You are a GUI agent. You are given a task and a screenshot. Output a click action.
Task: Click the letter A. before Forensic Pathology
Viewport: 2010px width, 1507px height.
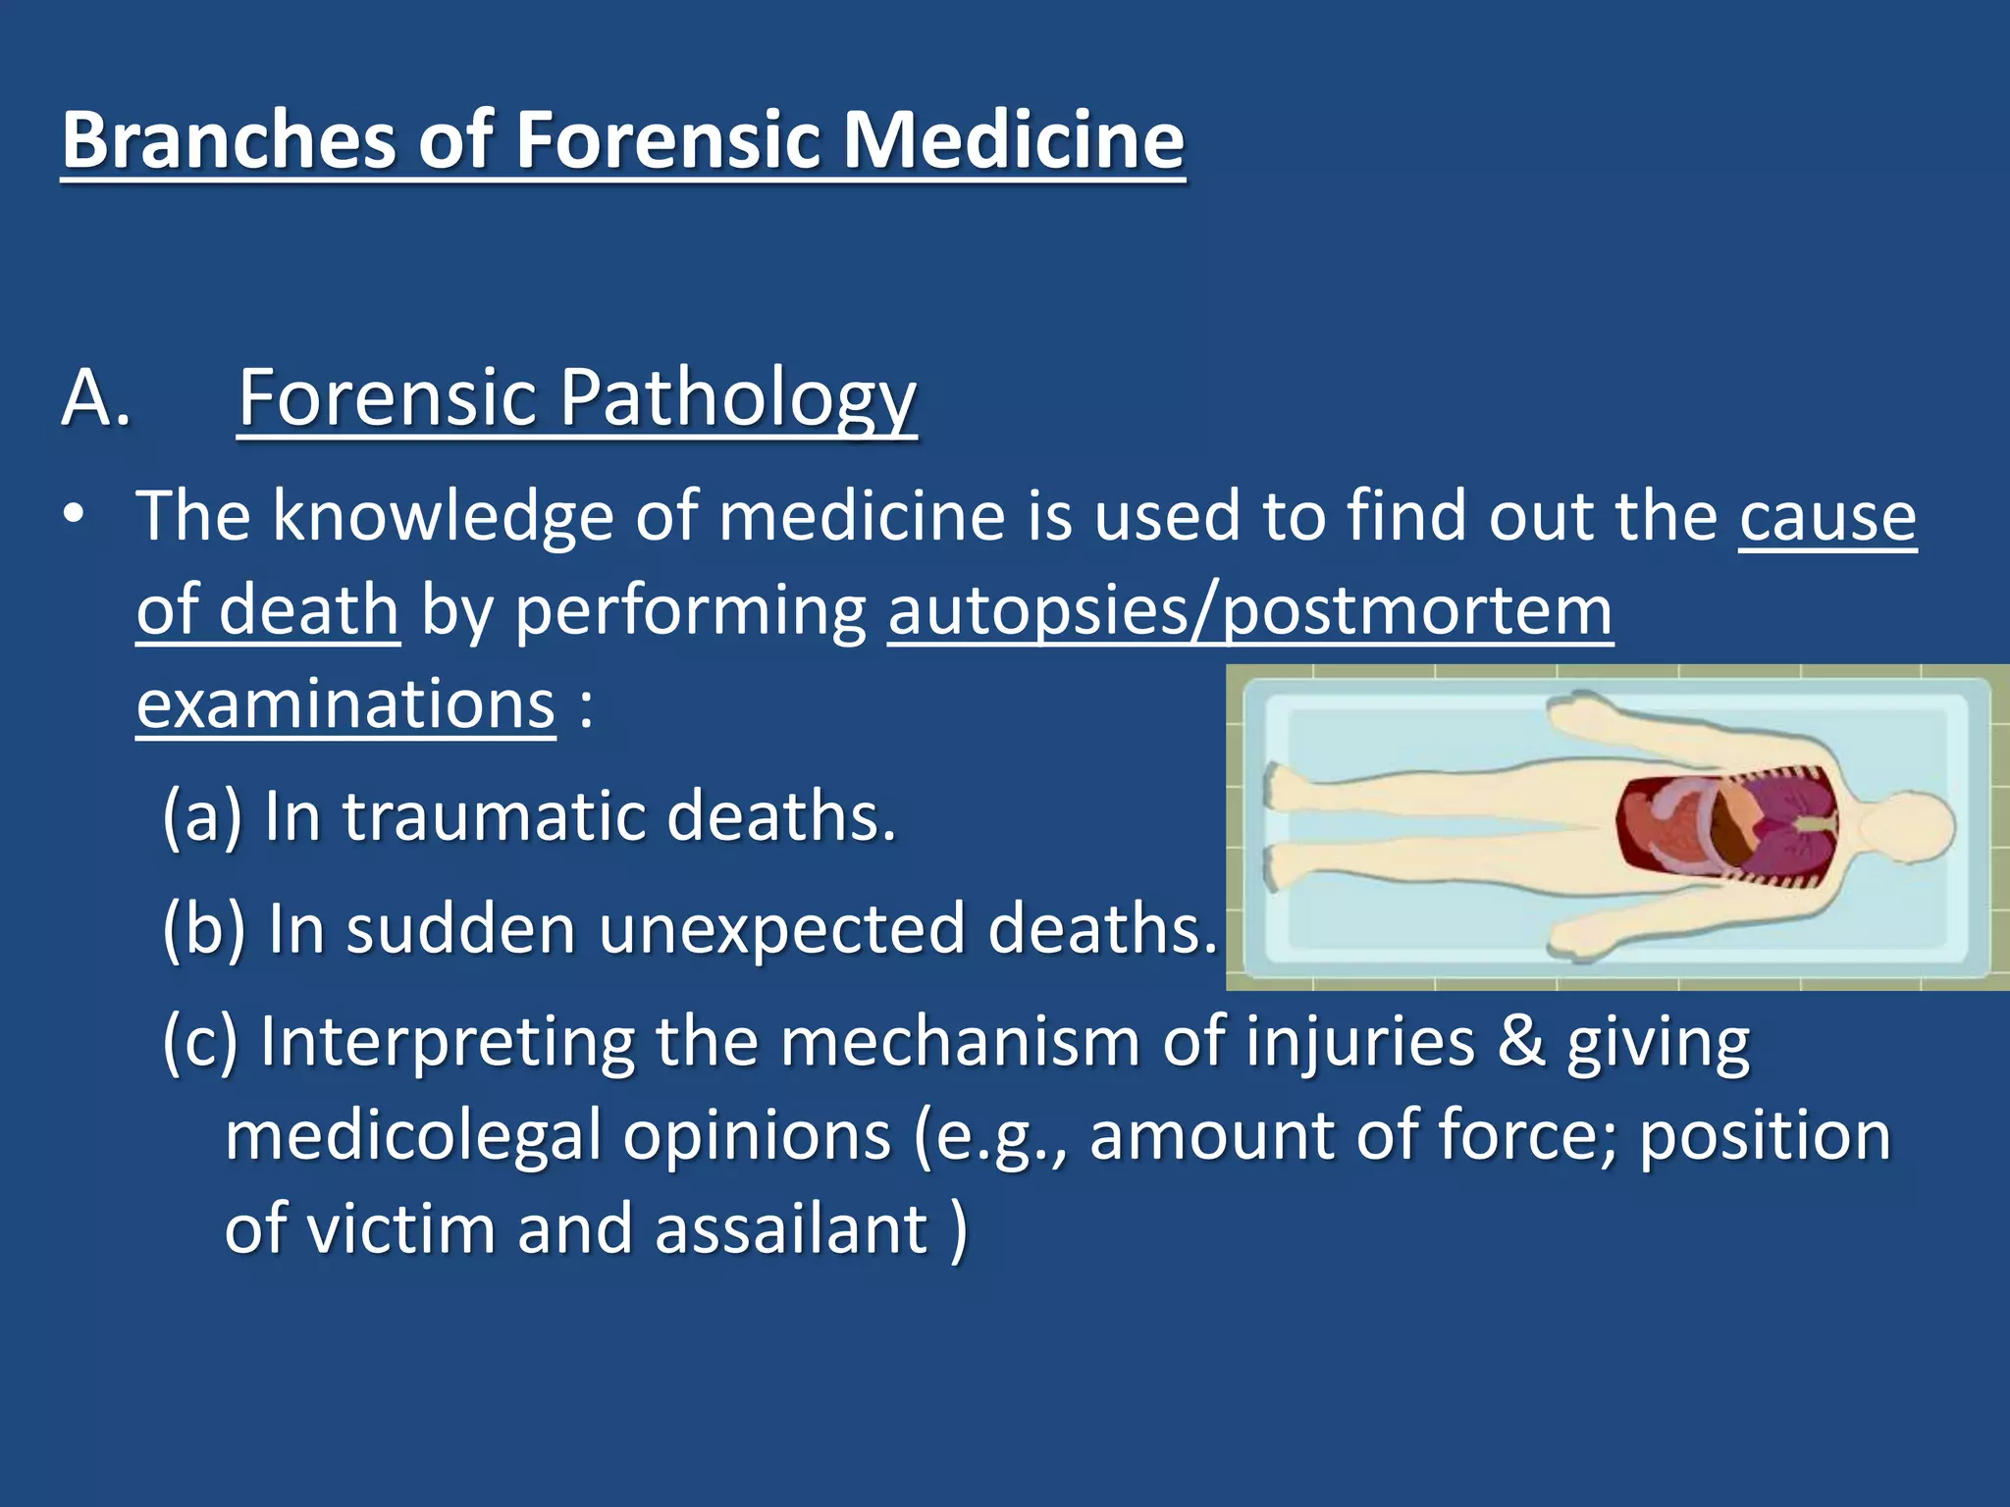point(96,398)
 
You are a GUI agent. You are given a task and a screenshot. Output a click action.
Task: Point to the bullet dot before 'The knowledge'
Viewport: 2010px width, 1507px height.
point(74,516)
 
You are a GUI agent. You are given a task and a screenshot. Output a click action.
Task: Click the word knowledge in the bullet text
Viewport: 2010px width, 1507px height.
point(443,516)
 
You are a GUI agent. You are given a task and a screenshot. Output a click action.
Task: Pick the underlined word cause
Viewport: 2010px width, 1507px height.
point(1827,516)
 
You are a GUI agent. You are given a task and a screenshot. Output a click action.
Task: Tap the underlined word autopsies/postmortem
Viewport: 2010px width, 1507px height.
point(1249,610)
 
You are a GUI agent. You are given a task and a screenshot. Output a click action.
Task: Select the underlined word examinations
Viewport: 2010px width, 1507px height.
point(345,704)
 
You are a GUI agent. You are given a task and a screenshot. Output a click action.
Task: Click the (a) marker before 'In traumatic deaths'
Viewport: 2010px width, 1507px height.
point(201,816)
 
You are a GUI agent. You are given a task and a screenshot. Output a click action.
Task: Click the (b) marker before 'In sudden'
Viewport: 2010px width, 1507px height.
point(203,928)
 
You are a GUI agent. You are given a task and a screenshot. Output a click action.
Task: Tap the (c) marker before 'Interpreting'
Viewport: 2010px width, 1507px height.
point(200,1041)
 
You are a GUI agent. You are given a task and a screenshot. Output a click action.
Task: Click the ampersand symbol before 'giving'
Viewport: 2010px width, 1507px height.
point(1520,1041)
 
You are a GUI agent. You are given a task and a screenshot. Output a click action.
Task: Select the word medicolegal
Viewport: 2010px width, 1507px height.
point(412,1135)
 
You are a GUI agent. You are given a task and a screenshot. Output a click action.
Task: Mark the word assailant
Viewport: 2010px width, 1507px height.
point(791,1229)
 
